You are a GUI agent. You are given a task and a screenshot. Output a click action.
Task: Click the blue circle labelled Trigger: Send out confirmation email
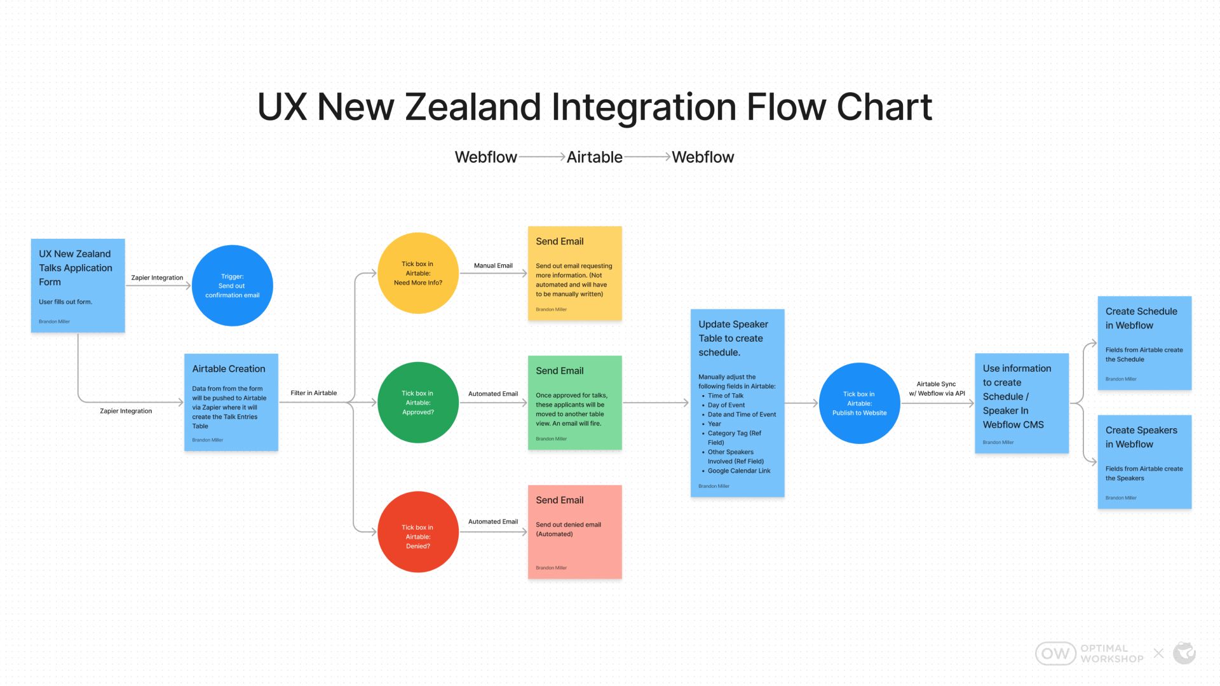coord(232,286)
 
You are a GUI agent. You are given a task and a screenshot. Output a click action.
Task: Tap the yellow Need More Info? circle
coord(418,273)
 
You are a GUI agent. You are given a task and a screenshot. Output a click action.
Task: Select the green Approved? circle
coord(418,403)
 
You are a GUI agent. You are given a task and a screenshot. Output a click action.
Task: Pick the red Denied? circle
coord(418,532)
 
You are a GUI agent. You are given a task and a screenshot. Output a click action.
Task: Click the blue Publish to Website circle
coord(860,403)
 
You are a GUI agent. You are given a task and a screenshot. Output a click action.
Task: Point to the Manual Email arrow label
coord(493,266)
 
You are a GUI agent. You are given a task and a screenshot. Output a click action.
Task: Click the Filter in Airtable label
coord(314,393)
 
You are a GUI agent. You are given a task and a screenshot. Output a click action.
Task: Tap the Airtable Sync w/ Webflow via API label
coord(937,389)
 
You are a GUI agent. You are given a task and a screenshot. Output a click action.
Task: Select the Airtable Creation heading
coord(229,369)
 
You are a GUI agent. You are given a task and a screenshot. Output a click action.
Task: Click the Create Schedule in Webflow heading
coord(1141,318)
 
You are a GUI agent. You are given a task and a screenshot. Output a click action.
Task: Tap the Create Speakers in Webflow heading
coord(1141,437)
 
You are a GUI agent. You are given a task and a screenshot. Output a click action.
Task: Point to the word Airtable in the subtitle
coord(595,157)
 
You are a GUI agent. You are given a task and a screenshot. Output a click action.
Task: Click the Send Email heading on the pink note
coord(560,501)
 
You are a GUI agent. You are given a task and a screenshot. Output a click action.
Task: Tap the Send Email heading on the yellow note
coord(560,241)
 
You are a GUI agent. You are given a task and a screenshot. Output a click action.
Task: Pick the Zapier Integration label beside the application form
coord(157,278)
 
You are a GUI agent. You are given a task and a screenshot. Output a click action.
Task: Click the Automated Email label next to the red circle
coord(493,521)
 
